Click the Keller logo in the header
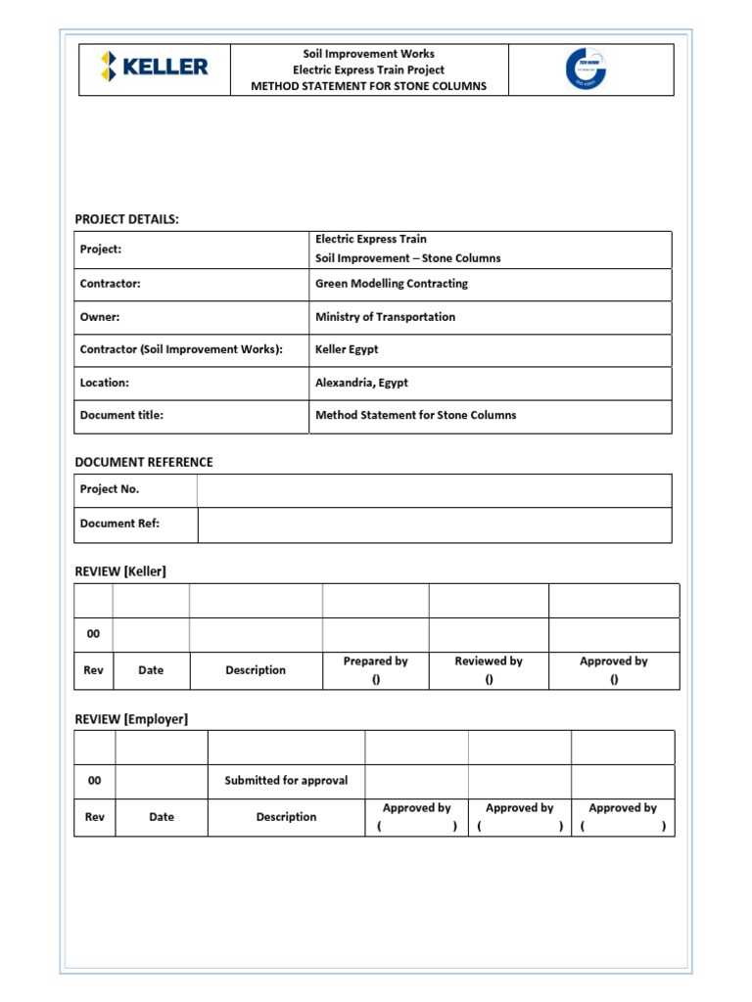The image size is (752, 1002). coord(154,68)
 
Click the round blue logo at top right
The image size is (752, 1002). coord(586,68)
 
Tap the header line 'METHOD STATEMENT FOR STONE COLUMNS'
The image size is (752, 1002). coord(368,86)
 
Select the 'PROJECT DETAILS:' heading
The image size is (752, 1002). coord(126,219)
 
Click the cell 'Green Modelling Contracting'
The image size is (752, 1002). coord(391,284)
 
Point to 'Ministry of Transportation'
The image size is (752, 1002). coord(385,317)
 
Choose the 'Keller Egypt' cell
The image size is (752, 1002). coord(347,349)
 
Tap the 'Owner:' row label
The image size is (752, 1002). coord(100,317)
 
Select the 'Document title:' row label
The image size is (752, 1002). coord(121,415)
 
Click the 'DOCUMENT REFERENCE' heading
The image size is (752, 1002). coord(144,462)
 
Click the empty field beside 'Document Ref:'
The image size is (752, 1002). coord(434,524)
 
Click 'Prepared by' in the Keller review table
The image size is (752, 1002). coord(375,661)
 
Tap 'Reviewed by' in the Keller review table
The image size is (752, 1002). coord(488,661)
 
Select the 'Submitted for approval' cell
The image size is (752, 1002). coord(286,781)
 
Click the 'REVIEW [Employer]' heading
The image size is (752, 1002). coord(131,719)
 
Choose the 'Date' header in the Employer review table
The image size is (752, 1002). coord(162,817)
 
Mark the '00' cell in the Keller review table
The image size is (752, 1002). coord(94,634)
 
